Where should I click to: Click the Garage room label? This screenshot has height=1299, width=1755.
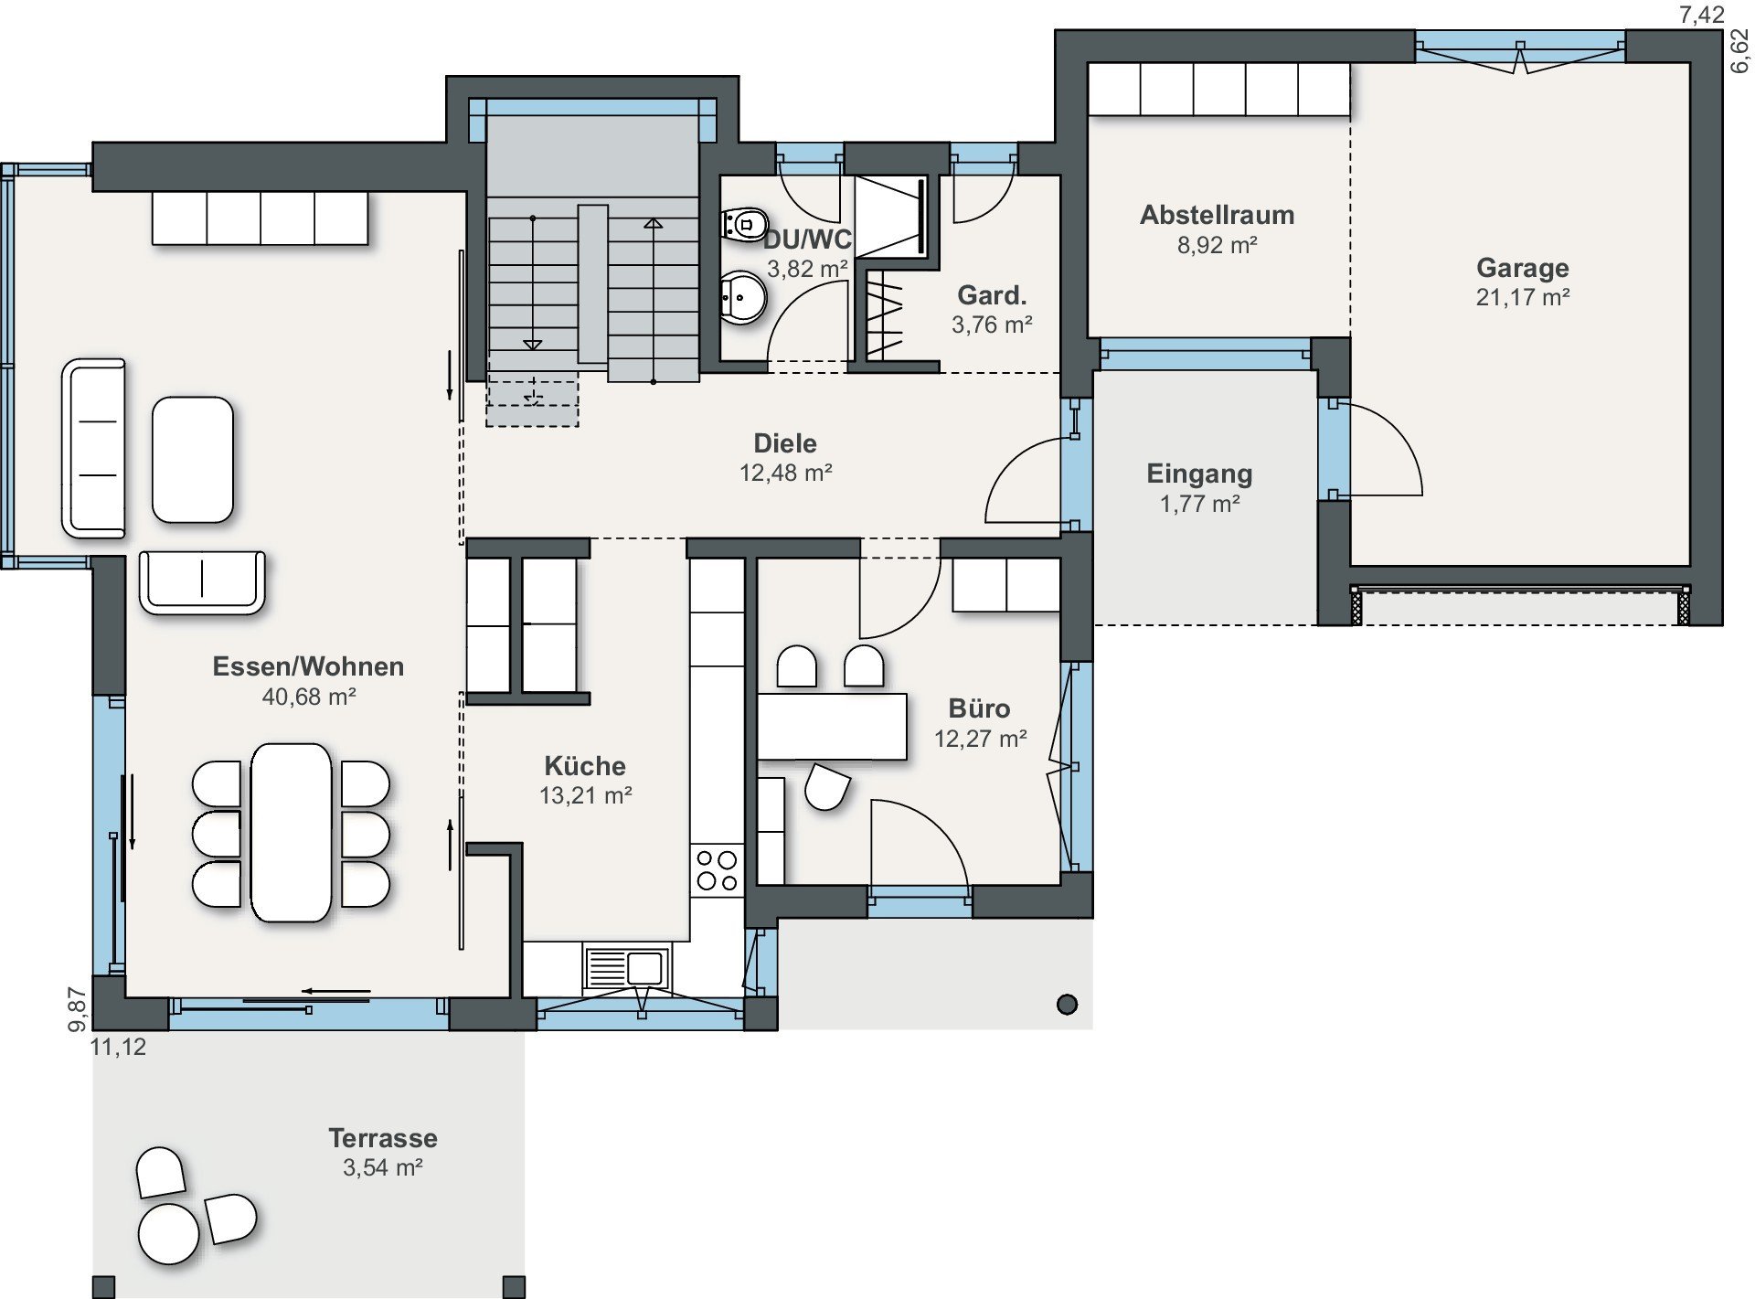1522,268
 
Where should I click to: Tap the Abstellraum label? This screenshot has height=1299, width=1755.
1217,216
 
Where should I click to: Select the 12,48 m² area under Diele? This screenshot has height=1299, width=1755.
785,473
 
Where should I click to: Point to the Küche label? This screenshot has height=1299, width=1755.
585,766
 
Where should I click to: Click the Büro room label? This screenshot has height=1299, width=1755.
979,708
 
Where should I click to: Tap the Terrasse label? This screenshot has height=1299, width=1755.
383,1138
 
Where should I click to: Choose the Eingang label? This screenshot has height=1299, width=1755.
1199,474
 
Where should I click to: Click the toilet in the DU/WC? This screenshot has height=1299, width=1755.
745,223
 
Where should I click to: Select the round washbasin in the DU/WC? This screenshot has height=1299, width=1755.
742,297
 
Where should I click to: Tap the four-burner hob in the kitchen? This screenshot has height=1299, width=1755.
718,870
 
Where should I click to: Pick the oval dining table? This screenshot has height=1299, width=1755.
292,833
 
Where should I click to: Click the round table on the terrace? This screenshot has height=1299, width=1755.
168,1233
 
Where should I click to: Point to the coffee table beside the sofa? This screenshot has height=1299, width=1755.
193,460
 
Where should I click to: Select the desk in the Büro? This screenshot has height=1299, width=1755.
832,727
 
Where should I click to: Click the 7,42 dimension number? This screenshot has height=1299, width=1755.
1702,16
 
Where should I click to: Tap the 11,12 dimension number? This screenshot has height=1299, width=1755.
118,1047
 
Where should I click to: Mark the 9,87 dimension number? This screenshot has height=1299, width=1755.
79,1010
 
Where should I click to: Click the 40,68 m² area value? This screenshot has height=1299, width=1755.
309,697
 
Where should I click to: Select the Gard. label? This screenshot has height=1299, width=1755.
992,295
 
